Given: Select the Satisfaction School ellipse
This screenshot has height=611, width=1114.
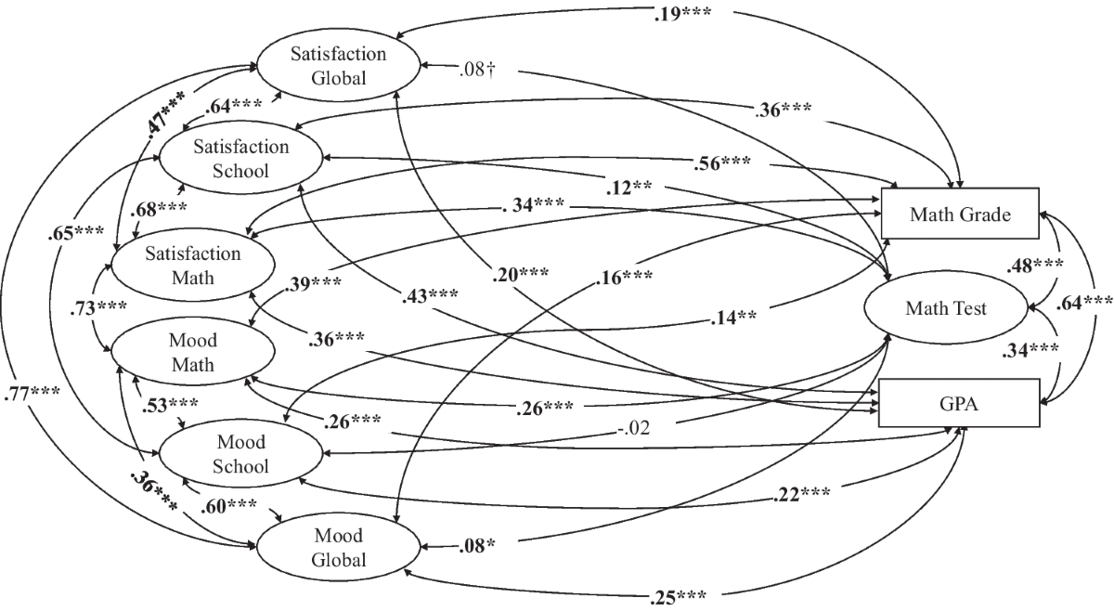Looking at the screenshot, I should click(x=241, y=159).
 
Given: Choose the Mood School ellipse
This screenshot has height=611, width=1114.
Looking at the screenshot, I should click(x=241, y=454).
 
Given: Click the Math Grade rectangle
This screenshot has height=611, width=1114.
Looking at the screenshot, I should click(x=961, y=215).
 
